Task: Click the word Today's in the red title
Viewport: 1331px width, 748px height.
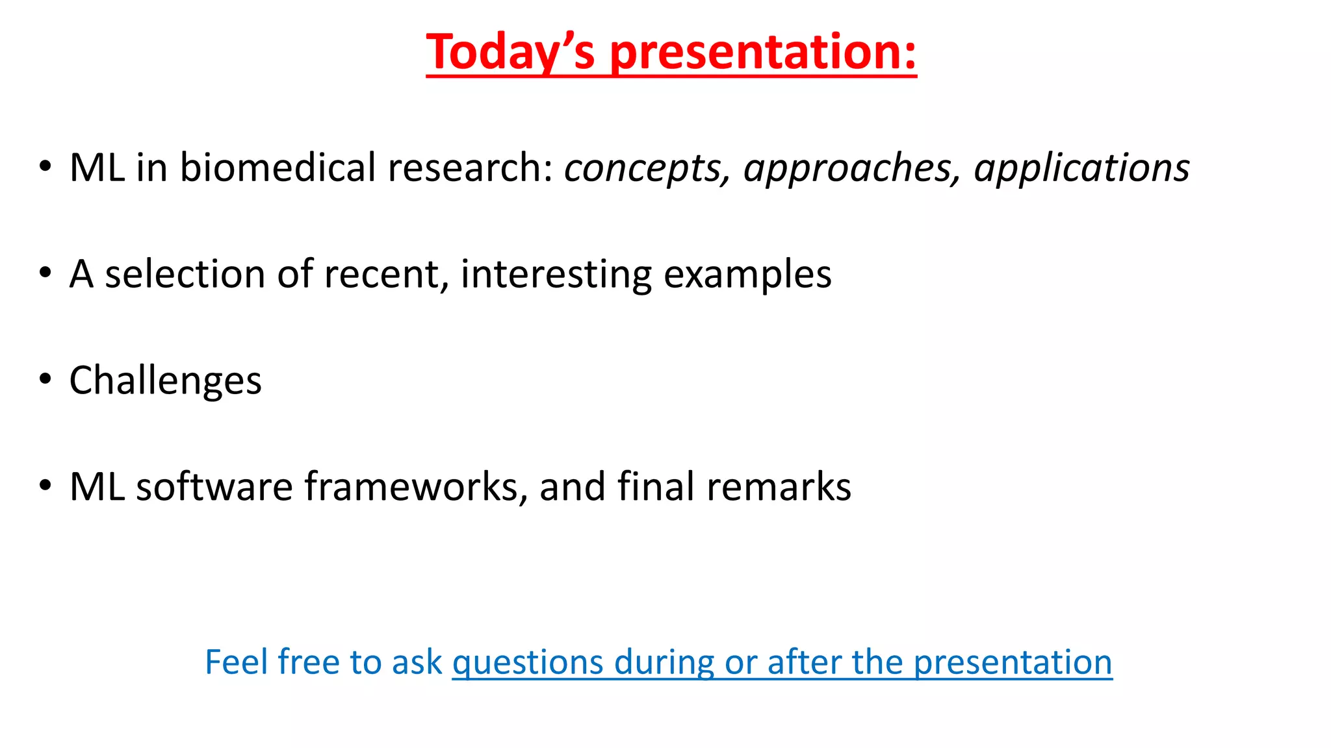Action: [x=510, y=52]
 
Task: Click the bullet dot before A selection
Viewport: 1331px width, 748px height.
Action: [x=44, y=273]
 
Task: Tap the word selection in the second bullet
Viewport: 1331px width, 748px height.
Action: [x=185, y=274]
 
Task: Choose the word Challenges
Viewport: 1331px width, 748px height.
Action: [x=165, y=380]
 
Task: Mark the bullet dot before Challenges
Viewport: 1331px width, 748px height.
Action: [x=44, y=379]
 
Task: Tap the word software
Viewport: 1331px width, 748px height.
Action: [x=214, y=486]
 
